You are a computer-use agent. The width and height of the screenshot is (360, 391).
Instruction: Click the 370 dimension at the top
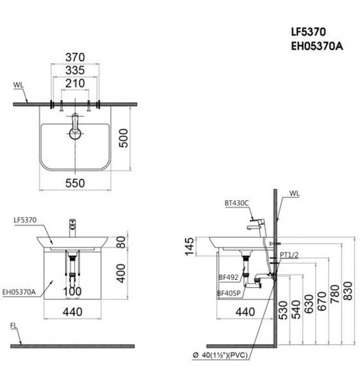click(x=75, y=57)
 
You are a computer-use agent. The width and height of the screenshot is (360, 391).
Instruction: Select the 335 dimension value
click(x=75, y=70)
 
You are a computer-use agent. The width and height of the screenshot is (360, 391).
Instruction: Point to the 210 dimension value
click(x=75, y=83)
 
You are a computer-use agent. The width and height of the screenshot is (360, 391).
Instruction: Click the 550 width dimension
click(x=75, y=183)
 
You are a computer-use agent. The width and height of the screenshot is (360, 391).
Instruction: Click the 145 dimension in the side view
click(x=190, y=246)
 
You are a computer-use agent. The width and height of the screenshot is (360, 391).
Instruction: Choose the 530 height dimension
click(x=284, y=310)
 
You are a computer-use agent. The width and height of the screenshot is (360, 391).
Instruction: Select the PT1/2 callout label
click(x=289, y=255)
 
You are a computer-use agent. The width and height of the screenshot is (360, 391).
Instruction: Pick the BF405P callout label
click(x=229, y=292)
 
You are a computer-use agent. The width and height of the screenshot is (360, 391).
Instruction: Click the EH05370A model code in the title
click(x=316, y=46)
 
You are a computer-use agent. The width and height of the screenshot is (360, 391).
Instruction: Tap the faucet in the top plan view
click(x=75, y=125)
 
